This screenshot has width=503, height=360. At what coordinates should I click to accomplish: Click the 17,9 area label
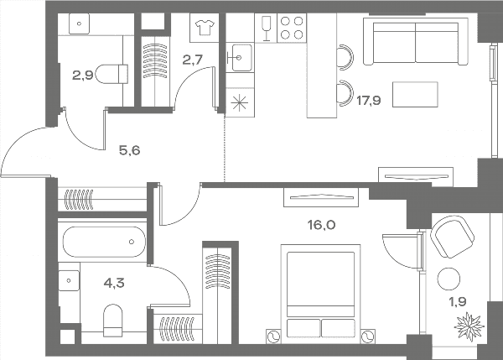369,101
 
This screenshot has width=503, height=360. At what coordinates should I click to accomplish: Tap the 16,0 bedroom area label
322,225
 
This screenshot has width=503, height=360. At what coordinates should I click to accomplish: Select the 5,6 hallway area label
130,150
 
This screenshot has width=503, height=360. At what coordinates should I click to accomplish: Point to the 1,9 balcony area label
458,302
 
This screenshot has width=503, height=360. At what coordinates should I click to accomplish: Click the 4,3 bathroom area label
114,284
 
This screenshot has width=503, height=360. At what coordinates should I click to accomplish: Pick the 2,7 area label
193,60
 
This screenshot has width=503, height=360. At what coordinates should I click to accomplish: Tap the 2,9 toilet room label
83,76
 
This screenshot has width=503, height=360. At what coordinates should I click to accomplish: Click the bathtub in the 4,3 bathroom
104,242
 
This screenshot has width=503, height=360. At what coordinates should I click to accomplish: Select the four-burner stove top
292,28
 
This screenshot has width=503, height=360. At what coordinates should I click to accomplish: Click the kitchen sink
239,58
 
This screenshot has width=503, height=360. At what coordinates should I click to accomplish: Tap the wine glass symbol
266,29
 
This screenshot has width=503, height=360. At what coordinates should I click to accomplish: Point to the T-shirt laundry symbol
205,28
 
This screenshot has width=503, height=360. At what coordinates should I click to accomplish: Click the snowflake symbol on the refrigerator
240,103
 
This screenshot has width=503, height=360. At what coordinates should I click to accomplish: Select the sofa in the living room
416,41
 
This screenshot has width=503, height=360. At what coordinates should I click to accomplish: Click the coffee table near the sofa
415,95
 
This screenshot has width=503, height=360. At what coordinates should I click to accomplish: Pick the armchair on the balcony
453,237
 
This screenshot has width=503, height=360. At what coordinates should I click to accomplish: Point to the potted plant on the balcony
469,326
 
